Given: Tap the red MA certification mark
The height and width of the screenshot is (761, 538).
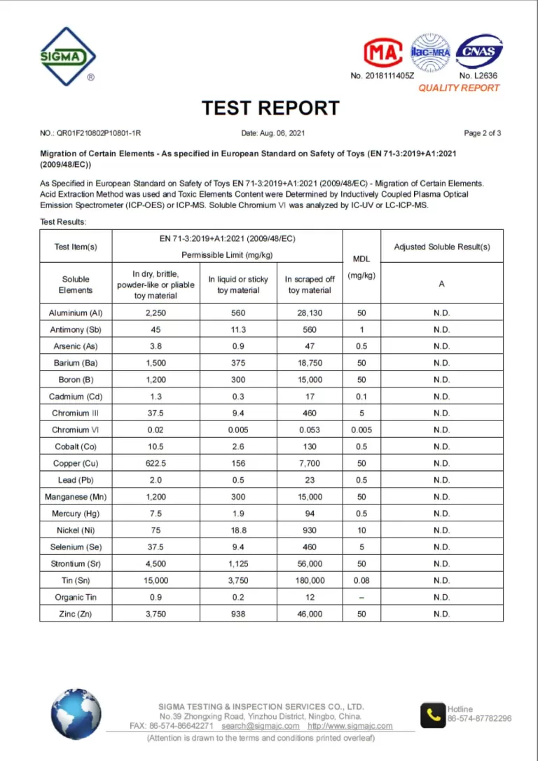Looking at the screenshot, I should tap(382, 53).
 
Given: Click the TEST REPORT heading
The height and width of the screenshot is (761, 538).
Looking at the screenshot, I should tap(270, 108).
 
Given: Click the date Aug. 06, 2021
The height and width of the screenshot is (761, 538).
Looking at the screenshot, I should tap(273, 133).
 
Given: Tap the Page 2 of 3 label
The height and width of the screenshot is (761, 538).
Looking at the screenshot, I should tap(482, 133).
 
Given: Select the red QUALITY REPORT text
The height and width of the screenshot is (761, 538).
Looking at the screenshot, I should tap(459, 88).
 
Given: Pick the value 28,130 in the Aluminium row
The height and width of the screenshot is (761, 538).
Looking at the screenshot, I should tap(310, 313).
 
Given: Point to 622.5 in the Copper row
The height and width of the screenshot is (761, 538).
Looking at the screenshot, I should tap(155, 463).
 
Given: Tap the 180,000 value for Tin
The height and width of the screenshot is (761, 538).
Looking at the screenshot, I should tap(310, 580).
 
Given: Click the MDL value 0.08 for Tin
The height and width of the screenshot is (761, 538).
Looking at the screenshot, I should tap(361, 580).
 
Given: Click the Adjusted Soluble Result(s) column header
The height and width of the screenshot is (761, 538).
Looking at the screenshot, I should tap(441, 247).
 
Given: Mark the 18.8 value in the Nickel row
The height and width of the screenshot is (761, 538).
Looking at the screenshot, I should tap(238, 530).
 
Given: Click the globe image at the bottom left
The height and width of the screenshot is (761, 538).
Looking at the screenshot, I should tap(76, 713).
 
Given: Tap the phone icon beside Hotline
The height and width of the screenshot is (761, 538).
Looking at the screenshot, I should tap(432, 715).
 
